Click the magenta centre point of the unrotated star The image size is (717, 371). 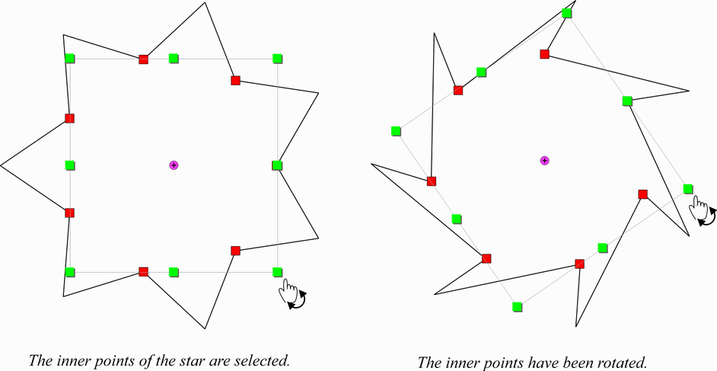(174, 165)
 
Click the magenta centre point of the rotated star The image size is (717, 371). (544, 160)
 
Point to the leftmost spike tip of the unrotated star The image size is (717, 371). (2, 165)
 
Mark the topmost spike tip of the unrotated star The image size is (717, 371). (205, 2)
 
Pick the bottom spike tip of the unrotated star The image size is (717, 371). (206, 328)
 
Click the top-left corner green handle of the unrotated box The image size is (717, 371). (70, 58)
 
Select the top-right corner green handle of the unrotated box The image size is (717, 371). (278, 58)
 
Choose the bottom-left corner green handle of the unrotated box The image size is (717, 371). (70, 272)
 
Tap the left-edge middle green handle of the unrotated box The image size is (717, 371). (70, 165)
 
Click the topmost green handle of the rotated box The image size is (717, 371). (566, 13)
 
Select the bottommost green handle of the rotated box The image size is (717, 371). (518, 307)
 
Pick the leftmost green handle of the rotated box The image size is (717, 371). (396, 131)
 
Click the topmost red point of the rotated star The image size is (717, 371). (544, 54)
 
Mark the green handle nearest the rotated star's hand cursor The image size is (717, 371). (688, 188)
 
